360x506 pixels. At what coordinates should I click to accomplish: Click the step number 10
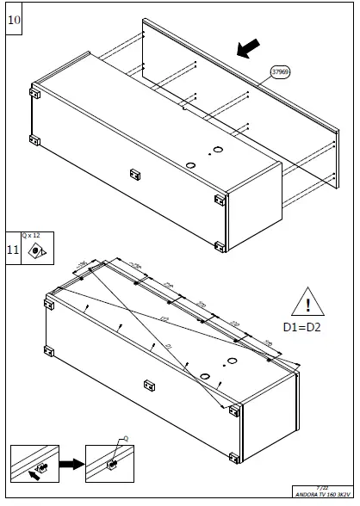tap(15, 19)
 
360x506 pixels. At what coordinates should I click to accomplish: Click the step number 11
tap(14, 250)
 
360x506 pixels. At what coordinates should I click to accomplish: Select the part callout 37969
tap(282, 73)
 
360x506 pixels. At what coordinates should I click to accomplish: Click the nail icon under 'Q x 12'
tap(36, 251)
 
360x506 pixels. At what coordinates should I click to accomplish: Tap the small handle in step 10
tap(134, 172)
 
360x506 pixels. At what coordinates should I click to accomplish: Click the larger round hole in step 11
tap(206, 376)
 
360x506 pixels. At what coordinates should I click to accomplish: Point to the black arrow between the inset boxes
tap(71, 466)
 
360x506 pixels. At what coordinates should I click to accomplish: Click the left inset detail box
tap(34, 466)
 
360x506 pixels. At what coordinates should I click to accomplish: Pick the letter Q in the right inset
tap(126, 438)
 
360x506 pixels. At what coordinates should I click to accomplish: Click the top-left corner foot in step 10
tap(35, 92)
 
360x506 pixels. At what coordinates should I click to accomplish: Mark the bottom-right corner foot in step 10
tap(220, 247)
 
